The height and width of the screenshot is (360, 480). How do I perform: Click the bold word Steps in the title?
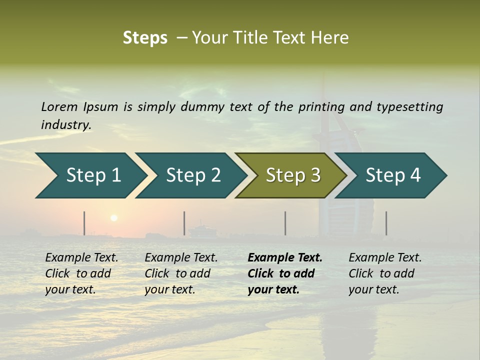tap(145, 38)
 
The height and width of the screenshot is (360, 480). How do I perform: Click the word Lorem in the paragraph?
tap(59, 106)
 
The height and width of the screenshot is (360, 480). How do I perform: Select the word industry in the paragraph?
tap(66, 124)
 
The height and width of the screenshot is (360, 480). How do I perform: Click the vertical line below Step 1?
tap(84, 223)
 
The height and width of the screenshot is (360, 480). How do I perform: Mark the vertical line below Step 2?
tap(184, 223)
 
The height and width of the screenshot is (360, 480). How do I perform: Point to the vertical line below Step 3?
tap(285, 223)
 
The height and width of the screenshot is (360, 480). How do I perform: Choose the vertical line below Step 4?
tap(386, 223)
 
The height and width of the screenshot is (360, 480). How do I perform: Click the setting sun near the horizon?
tap(114, 218)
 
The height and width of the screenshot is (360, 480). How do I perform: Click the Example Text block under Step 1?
tap(81, 273)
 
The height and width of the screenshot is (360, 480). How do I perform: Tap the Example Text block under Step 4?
tap(385, 273)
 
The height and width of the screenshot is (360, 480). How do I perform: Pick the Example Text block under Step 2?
tap(181, 273)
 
